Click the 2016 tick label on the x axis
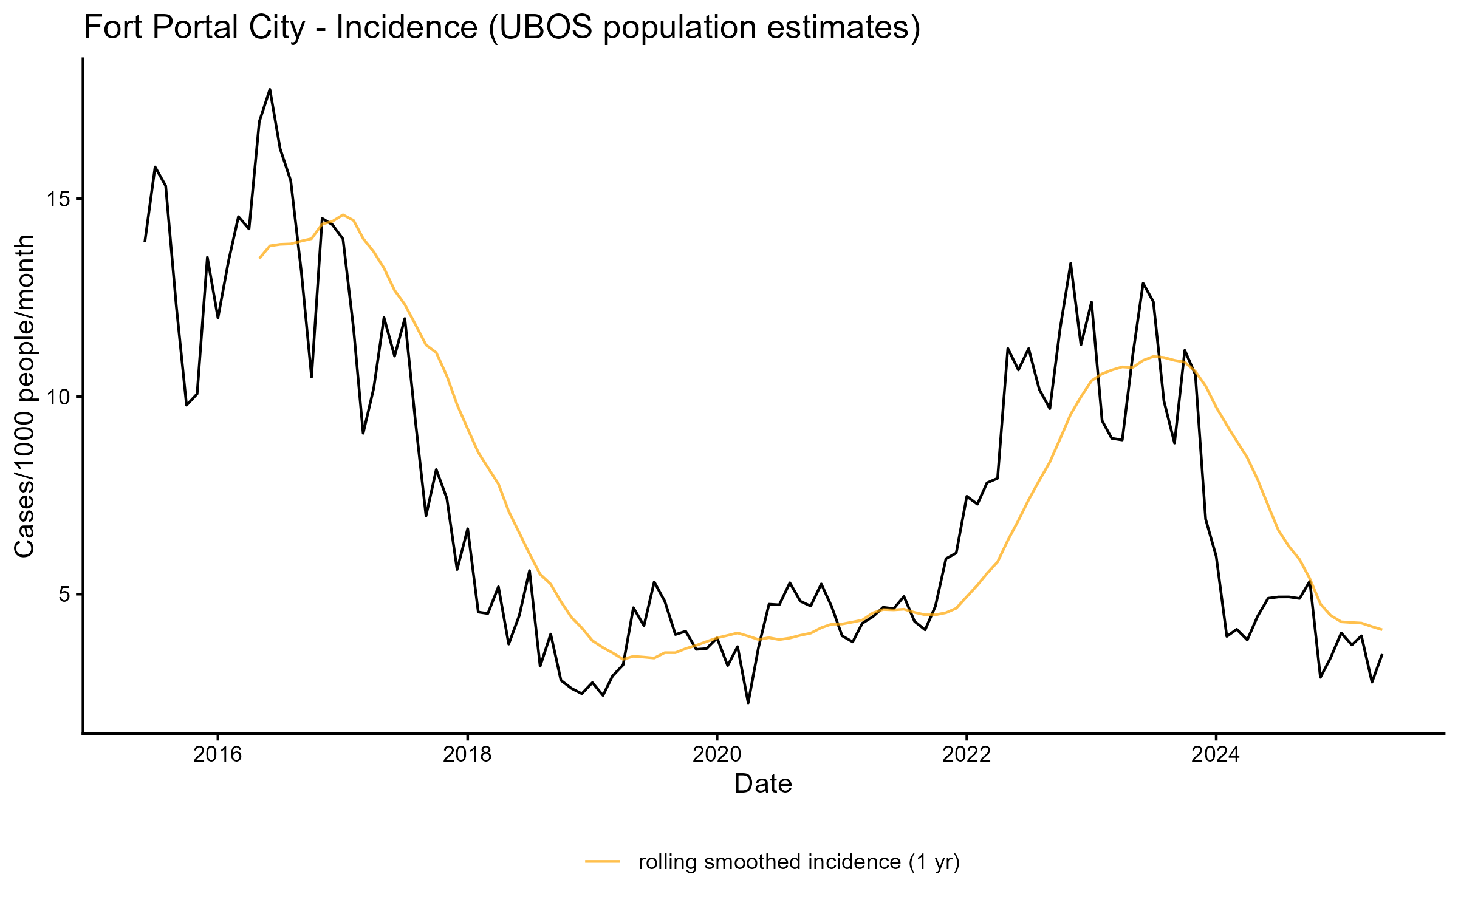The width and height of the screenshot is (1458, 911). (x=217, y=755)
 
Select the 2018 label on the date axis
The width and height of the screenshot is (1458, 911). (x=467, y=755)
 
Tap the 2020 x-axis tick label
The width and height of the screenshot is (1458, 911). (x=717, y=755)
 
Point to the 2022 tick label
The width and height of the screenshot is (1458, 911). (x=966, y=755)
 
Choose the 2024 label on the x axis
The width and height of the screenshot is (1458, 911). (x=1216, y=755)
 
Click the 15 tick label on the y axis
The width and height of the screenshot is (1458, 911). (x=58, y=199)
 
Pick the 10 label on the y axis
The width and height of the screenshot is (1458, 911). (x=58, y=397)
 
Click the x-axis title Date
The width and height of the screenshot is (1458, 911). (x=763, y=784)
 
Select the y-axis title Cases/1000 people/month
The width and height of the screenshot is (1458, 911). (x=26, y=396)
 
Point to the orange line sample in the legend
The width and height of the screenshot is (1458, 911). (x=603, y=861)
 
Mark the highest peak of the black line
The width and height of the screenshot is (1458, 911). (x=270, y=89)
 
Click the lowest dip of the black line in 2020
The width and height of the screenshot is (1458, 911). (x=748, y=703)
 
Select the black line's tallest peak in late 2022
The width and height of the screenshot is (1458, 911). (x=1070, y=263)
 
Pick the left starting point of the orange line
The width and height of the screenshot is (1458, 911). (x=259, y=258)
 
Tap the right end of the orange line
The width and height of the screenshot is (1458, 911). (x=1382, y=630)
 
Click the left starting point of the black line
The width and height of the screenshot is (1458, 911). (x=145, y=241)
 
